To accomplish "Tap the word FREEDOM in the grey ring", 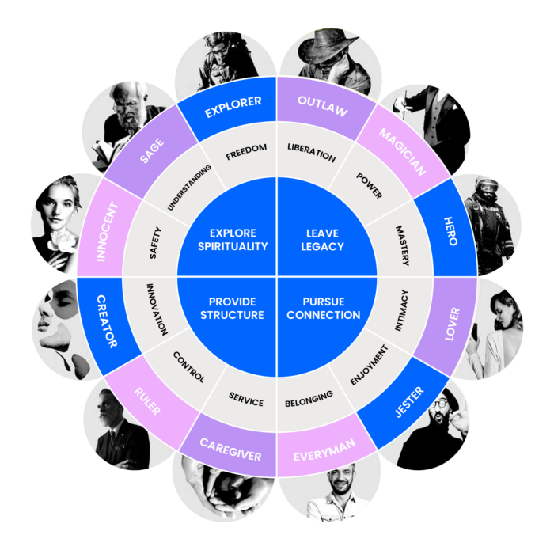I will pyautogui.click(x=246, y=148).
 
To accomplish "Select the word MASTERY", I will pyautogui.click(x=400, y=241).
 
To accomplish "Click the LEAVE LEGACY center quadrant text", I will pyautogui.click(x=323, y=240).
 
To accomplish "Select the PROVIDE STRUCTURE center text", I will pyautogui.click(x=233, y=308).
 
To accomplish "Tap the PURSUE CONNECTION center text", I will pyautogui.click(x=323, y=308).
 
